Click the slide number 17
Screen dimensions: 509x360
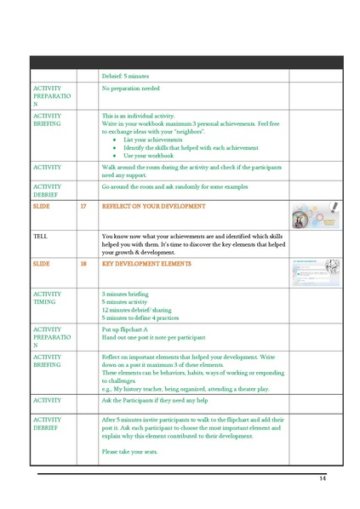click(83, 207)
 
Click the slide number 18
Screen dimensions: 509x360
click(83, 264)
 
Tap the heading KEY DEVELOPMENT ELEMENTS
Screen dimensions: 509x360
click(146, 264)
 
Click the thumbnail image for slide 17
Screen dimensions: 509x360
click(315, 215)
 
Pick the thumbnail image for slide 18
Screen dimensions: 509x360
click(315, 272)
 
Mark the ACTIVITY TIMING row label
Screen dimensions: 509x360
click(47, 297)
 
